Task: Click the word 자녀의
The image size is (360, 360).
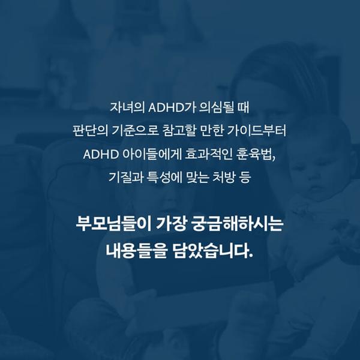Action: coord(127,107)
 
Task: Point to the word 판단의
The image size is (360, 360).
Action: coord(90,131)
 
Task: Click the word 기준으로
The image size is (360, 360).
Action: coord(136,131)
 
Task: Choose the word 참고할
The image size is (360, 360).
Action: coord(179,131)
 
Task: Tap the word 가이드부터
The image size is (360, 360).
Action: coord(257,131)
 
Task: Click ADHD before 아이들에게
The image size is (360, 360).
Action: coord(101,154)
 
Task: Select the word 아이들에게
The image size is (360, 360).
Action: coord(152,154)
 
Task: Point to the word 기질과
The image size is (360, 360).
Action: coord(126,178)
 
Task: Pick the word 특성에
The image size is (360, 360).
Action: coord(164,178)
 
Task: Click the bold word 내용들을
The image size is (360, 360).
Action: coord(136,250)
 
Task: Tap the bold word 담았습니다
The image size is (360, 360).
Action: coord(212,250)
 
